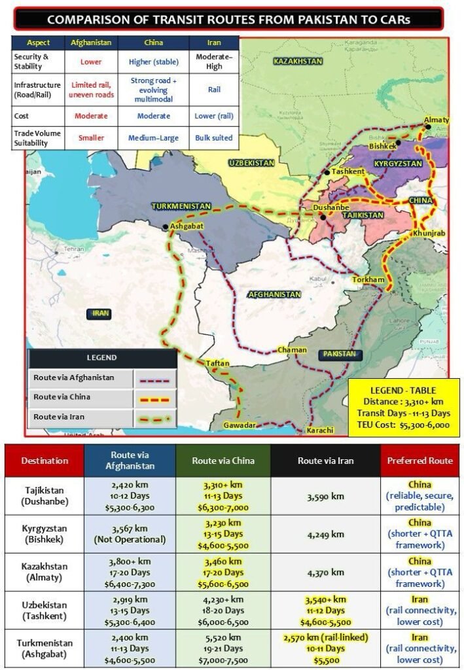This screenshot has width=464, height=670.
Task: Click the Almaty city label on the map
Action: (x=437, y=120)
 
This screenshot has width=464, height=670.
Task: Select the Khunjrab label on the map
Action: (x=429, y=234)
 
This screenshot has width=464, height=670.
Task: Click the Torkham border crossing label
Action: (x=368, y=279)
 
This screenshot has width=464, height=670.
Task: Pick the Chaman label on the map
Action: (x=292, y=350)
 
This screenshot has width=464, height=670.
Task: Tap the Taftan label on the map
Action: (x=218, y=363)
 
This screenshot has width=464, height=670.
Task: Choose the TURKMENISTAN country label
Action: (x=181, y=206)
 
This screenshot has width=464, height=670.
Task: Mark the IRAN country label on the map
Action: (x=100, y=313)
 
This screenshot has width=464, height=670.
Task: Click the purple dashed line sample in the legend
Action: (x=154, y=378)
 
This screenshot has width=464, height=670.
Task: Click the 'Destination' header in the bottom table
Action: (x=45, y=461)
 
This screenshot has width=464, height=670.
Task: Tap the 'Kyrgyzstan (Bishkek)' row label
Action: (x=45, y=534)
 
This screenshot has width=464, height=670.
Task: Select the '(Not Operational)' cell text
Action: (x=130, y=540)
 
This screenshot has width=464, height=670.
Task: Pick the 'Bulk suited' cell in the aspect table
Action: (x=214, y=138)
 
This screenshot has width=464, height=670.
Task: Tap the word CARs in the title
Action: (x=391, y=20)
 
